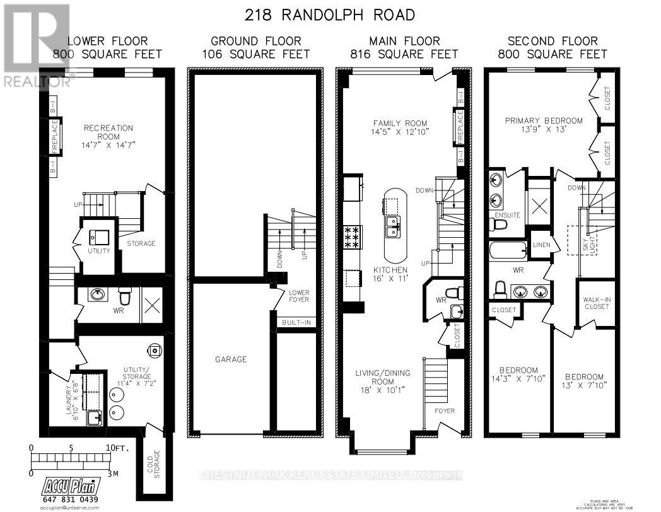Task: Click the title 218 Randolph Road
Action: click(330, 14)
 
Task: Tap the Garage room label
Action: click(230, 359)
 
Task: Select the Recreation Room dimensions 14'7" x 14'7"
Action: click(108, 144)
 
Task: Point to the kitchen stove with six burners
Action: click(351, 236)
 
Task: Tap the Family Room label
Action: click(399, 124)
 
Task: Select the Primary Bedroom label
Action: click(544, 120)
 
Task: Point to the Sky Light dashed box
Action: click(577, 240)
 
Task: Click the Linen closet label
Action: click(541, 245)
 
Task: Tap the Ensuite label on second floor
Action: click(508, 215)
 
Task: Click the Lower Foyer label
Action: click(299, 296)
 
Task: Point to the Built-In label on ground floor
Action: click(295, 323)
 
